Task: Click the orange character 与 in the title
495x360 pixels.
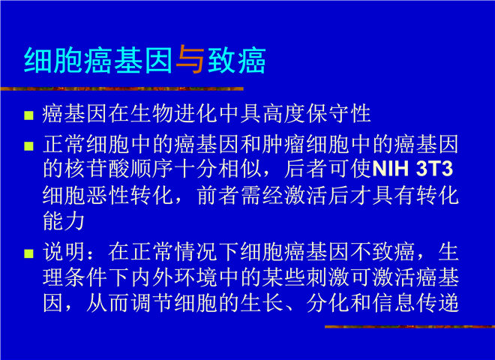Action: pyautogui.click(x=190, y=59)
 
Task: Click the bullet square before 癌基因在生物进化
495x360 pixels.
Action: pyautogui.click(x=28, y=115)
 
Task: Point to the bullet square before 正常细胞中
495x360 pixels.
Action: pyautogui.click(x=28, y=146)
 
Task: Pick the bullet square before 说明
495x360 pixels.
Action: pyautogui.click(x=28, y=253)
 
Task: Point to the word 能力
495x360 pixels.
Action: pyautogui.click(x=64, y=221)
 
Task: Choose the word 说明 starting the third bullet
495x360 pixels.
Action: pyautogui.click(x=64, y=252)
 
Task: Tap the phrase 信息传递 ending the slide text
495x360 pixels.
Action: pyautogui.click(x=415, y=303)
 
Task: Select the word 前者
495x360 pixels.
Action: pyautogui.click(x=218, y=195)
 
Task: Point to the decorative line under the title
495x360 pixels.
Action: pyautogui.click(x=121, y=88)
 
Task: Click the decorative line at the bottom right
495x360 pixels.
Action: pyautogui.click(x=409, y=326)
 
